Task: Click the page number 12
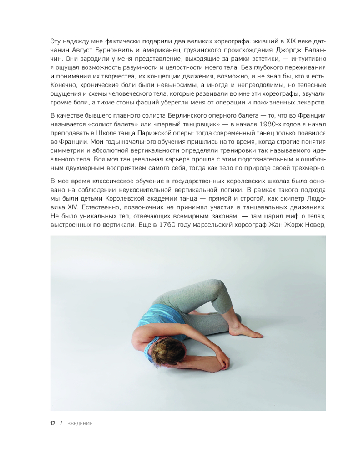pos(53,423)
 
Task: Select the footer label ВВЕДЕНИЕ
pos(80,424)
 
